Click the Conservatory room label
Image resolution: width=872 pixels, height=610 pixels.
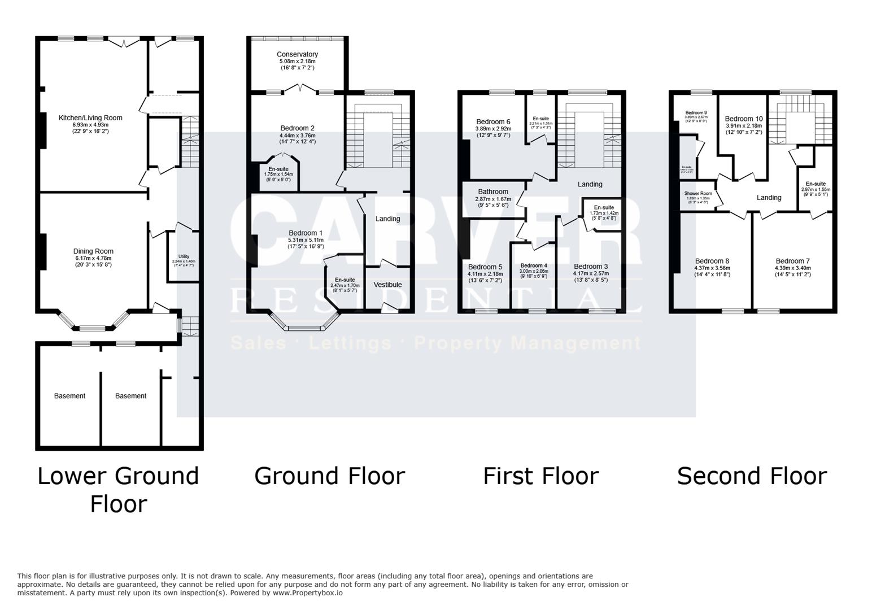(x=297, y=54)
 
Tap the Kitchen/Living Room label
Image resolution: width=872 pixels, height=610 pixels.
(x=90, y=118)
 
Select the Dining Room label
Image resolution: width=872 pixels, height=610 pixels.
(x=93, y=251)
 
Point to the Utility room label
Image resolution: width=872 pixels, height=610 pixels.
(x=184, y=256)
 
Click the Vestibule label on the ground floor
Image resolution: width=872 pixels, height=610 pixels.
(x=387, y=285)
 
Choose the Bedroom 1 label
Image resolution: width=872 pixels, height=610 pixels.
(x=306, y=233)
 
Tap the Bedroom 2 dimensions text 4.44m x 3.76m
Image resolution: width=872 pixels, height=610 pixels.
(x=298, y=136)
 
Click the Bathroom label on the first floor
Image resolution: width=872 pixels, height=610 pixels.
(x=493, y=191)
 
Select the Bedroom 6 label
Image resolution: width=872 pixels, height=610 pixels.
(x=493, y=121)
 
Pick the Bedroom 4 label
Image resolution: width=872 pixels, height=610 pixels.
(x=534, y=265)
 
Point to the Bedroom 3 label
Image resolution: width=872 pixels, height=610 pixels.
(x=591, y=266)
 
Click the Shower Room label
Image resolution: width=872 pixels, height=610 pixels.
(x=697, y=193)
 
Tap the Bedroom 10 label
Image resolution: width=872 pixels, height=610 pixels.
(x=744, y=119)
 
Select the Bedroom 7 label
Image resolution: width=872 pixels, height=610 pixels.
(x=793, y=261)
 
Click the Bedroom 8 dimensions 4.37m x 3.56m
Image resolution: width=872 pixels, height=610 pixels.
(x=712, y=268)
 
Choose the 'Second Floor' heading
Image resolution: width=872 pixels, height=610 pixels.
(x=752, y=476)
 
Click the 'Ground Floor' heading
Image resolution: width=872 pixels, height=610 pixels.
(x=329, y=476)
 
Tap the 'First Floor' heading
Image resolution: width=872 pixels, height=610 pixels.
(x=540, y=476)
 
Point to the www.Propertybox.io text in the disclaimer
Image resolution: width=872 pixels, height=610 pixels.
(x=308, y=593)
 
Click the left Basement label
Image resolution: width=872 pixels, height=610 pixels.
(x=69, y=396)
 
